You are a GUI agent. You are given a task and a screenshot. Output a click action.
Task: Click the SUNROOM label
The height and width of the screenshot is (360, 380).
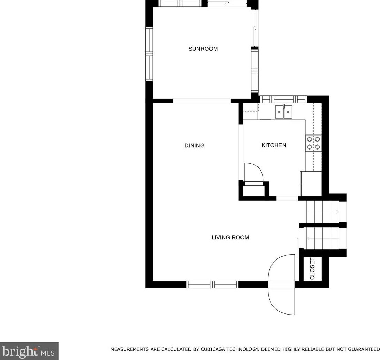(203, 49)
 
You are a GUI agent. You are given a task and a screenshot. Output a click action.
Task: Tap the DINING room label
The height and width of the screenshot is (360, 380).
(194, 145)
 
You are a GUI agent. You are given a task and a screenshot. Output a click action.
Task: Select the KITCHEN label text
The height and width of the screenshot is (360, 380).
(274, 145)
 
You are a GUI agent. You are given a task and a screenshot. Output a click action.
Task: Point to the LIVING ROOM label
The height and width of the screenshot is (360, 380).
(230, 237)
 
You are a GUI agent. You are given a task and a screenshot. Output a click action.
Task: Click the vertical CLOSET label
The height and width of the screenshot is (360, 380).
(312, 269)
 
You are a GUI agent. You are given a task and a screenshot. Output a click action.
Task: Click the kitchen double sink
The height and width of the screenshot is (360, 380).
(283, 112)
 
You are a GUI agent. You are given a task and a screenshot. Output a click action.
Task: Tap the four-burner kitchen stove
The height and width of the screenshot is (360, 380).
(313, 143)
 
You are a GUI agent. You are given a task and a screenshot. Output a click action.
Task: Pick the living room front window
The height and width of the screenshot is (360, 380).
(212, 285)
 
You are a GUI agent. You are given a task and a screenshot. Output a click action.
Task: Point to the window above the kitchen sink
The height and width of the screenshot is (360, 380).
(283, 99)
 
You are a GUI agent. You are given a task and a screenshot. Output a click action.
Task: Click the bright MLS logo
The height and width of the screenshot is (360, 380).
(29, 351)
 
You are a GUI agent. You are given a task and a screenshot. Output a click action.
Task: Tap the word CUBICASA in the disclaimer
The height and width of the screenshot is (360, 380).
(213, 349)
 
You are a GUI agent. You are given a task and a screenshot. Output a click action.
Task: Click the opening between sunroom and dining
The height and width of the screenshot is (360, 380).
(202, 101)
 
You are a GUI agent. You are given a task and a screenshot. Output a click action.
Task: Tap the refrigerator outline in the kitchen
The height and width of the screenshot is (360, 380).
(311, 184)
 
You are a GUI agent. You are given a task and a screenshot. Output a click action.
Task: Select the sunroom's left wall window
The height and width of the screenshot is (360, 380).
(149, 54)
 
